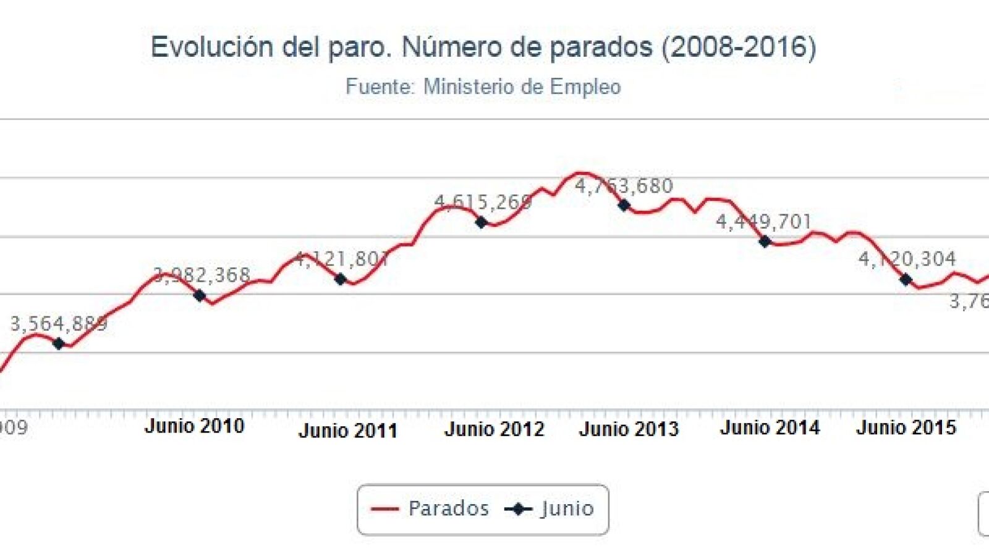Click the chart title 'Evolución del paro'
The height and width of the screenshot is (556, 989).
coord(483,48)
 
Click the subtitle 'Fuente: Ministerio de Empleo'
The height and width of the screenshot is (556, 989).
coord(483,86)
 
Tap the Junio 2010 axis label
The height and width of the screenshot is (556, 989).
coord(194,426)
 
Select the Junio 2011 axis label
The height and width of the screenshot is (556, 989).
coord(347,431)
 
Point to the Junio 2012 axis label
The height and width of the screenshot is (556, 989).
coord(494,429)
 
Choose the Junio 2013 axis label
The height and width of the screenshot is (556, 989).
coord(629,429)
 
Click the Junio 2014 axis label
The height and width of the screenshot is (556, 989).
coord(770,428)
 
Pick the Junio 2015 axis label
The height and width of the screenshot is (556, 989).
coord(906,428)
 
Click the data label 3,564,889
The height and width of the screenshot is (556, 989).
coord(59,324)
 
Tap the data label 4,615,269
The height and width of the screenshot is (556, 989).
coord(483,202)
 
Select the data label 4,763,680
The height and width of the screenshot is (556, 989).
coord(624,186)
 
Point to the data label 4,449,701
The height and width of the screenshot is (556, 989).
coord(763,222)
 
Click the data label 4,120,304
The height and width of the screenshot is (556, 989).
coord(907,259)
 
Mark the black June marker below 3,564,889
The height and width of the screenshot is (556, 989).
coord(59,344)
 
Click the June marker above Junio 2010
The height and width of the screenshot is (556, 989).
coord(199,296)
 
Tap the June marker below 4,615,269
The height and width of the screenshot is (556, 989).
coord(482,222)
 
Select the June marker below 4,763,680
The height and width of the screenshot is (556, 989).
coord(624,205)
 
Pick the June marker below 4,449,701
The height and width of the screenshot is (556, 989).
coord(765,242)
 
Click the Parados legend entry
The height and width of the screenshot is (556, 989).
coord(430,509)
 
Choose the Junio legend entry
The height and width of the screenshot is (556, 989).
coord(549,509)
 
